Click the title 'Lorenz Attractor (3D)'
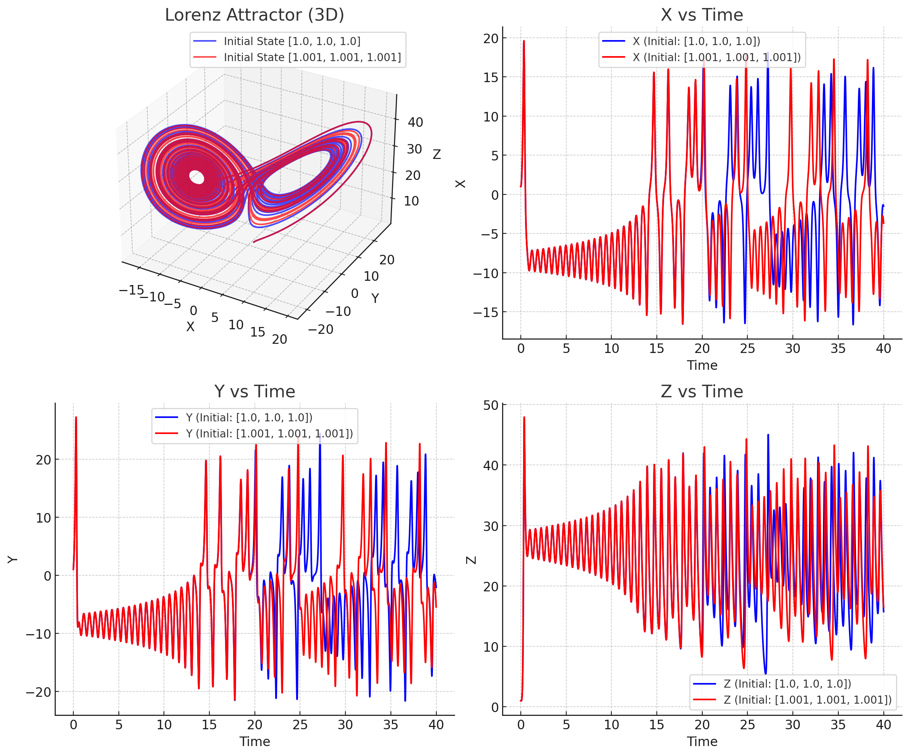coord(254,15)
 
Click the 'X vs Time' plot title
coord(702,15)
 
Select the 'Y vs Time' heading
coord(254,392)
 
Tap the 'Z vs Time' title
coord(702,392)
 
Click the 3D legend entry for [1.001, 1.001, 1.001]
coord(312,57)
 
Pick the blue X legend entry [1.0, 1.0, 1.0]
coord(696,41)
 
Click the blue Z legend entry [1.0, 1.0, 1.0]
coord(787,684)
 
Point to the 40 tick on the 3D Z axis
coord(415,123)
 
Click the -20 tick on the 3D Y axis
coord(321,329)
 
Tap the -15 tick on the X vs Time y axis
coord(486,312)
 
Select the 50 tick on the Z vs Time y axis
coord(491,405)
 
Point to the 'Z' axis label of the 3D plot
coord(437,154)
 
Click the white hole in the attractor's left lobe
coord(197,177)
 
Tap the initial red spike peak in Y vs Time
coord(76,418)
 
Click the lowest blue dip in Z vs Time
coord(765,673)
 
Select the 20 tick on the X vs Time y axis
coord(491,39)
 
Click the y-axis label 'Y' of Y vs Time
coord(13,559)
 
